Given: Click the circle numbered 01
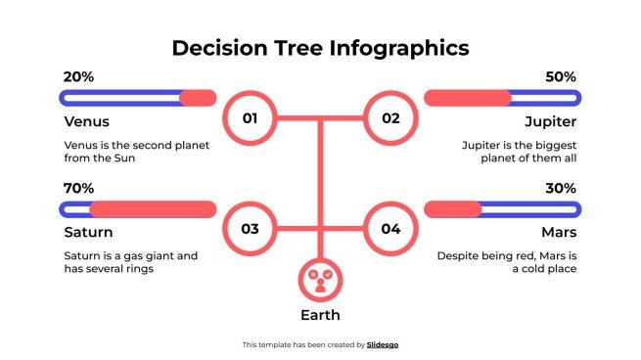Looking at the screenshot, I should click(x=250, y=119).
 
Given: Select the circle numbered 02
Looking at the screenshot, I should click(x=390, y=119).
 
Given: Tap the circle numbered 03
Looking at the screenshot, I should click(x=250, y=230).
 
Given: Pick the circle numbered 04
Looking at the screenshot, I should click(x=390, y=230).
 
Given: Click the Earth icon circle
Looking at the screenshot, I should click(x=320, y=279).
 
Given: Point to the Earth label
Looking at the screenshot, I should click(x=320, y=315).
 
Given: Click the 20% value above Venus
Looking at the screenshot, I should click(x=78, y=76).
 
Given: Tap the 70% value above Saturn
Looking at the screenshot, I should click(x=78, y=188).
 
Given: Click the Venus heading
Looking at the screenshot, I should click(x=86, y=122).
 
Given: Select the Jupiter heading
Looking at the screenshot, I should click(x=550, y=122).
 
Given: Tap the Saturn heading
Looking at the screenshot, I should click(x=88, y=233).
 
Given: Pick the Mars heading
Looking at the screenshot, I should click(x=559, y=233).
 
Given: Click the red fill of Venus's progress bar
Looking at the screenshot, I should click(x=199, y=98).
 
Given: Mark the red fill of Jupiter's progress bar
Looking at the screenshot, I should click(x=467, y=98).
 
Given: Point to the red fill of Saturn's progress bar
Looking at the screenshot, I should click(x=153, y=208).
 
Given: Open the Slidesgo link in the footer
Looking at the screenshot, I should click(x=383, y=344).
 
